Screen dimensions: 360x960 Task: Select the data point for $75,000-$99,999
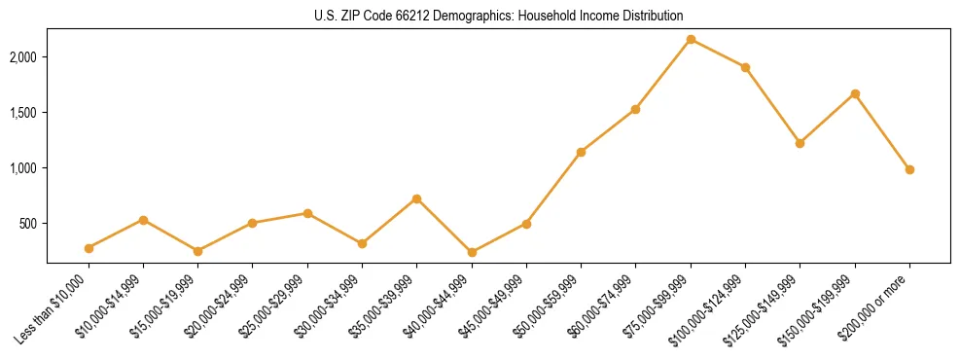click(691, 39)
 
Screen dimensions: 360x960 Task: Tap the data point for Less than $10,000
click(89, 248)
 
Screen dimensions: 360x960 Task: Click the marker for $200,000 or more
click(909, 169)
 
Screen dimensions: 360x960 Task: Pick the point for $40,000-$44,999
click(472, 252)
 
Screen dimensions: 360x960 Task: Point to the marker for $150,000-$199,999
click(855, 93)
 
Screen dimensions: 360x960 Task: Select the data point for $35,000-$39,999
click(417, 198)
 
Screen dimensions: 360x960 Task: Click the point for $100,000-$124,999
click(745, 67)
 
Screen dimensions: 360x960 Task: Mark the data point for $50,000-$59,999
click(581, 152)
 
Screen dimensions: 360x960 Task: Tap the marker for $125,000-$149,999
click(800, 143)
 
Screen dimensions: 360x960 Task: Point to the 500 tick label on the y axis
click(29, 224)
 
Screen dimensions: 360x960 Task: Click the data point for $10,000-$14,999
click(143, 220)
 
